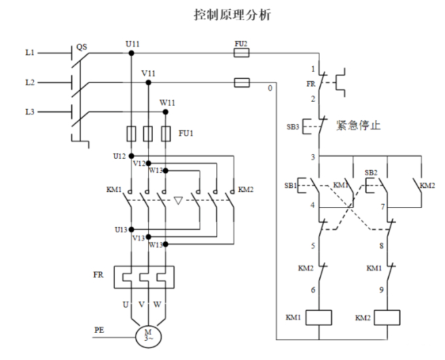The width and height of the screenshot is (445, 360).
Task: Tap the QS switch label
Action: pos(82,46)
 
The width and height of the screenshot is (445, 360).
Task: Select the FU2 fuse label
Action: pos(241,43)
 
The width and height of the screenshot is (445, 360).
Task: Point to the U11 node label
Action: pos(132,43)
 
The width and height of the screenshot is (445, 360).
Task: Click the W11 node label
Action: pos(168,103)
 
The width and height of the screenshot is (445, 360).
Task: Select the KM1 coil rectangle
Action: pos(318,317)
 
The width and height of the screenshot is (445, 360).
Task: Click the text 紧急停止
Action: pos(358,124)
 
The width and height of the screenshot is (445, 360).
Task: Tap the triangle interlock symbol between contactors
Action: pos(179,200)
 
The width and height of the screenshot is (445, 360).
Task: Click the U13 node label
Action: pos(122,229)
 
